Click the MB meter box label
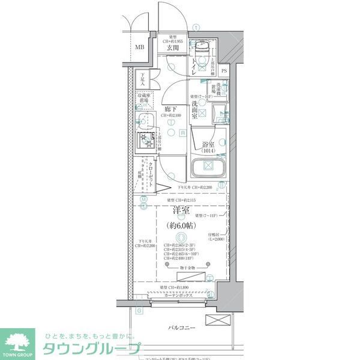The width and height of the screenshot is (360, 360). [x=139, y=47]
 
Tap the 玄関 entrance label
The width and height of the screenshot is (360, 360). [x=174, y=49]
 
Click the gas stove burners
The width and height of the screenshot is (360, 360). [x=146, y=142]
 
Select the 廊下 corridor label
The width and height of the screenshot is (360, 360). [x=170, y=109]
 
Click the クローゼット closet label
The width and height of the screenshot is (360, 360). [x=151, y=174]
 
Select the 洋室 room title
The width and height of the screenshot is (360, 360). [x=182, y=211]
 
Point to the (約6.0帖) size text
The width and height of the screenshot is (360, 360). [x=182, y=226]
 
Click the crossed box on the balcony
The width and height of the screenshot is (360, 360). [x=217, y=320]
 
